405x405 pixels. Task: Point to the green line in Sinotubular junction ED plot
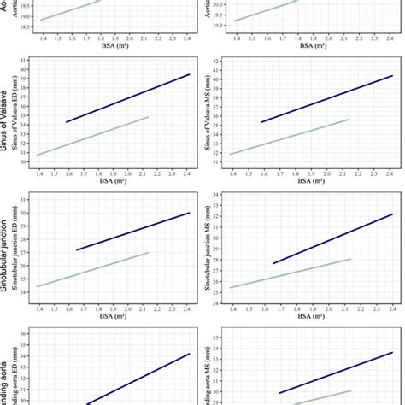pos(94,269)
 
